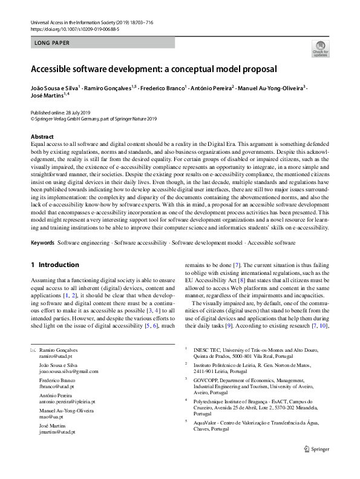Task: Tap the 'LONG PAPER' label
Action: click(x=52, y=43)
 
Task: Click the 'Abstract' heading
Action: click(x=42, y=137)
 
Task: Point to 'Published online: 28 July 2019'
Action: click(x=63, y=113)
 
